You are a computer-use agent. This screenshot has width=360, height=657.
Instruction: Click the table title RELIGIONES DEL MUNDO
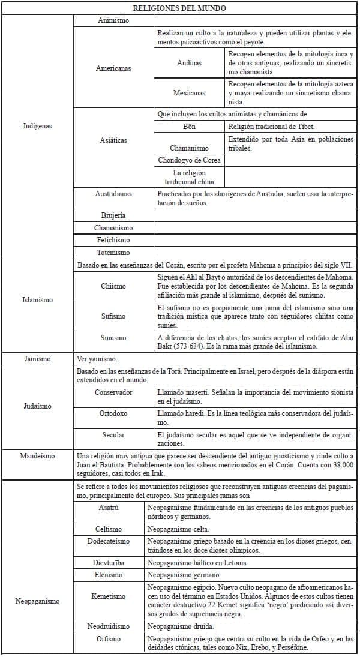coord(180,8)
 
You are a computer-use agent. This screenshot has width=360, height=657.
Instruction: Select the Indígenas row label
coord(37,126)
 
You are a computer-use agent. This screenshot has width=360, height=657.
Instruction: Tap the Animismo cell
coord(113,20)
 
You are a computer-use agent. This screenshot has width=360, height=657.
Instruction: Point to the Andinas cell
coord(190,63)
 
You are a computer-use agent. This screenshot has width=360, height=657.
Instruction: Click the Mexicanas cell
coord(190,93)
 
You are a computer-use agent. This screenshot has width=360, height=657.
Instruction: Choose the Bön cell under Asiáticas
coord(190,127)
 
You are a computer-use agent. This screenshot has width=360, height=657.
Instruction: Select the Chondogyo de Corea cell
coord(190,160)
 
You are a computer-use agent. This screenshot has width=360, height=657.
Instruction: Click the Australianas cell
coord(113,194)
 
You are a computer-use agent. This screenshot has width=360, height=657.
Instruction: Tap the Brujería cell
coord(113,215)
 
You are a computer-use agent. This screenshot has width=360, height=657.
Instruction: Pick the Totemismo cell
coord(113,253)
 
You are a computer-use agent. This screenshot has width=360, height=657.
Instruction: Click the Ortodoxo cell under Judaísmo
coord(113,413)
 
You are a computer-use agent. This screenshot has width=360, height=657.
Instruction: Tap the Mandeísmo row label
coord(37,456)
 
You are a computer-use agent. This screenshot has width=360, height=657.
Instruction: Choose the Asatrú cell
coord(109,508)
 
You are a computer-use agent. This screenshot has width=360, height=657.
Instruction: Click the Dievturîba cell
coord(109,563)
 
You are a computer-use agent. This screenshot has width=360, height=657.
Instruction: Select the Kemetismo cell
coord(109,596)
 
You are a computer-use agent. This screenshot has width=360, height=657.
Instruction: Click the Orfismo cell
coord(109,639)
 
